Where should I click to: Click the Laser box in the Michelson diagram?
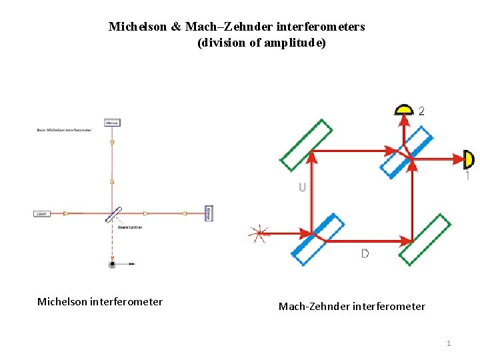[x=42, y=213]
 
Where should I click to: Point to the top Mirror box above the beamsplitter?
[x=111, y=123]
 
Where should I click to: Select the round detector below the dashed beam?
[x=112, y=264]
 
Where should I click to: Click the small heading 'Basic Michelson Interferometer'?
[x=63, y=130]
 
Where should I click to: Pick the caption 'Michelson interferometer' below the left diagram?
[x=99, y=302]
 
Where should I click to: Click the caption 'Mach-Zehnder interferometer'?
[x=351, y=307]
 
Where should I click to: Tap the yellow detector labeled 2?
[x=403, y=110]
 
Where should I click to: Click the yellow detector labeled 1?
[x=469, y=159]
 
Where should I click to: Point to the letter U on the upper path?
[x=302, y=187]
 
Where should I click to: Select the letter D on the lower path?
[x=365, y=253]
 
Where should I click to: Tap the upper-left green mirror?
[x=306, y=144]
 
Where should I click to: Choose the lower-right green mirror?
[x=425, y=239]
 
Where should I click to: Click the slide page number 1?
[x=448, y=343]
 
